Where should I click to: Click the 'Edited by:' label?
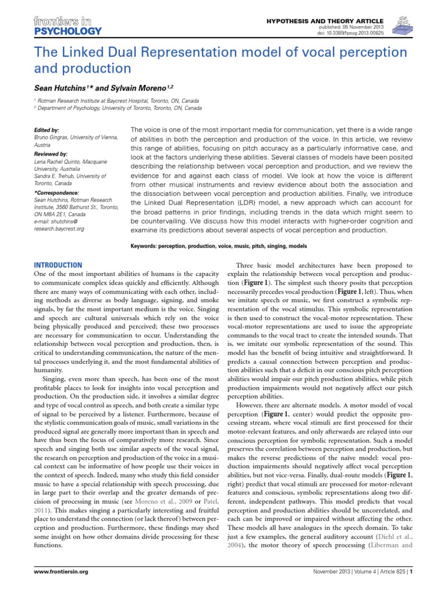[x=47, y=130]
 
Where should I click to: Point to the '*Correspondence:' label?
[x=57, y=192]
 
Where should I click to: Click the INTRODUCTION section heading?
[x=58, y=264]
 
